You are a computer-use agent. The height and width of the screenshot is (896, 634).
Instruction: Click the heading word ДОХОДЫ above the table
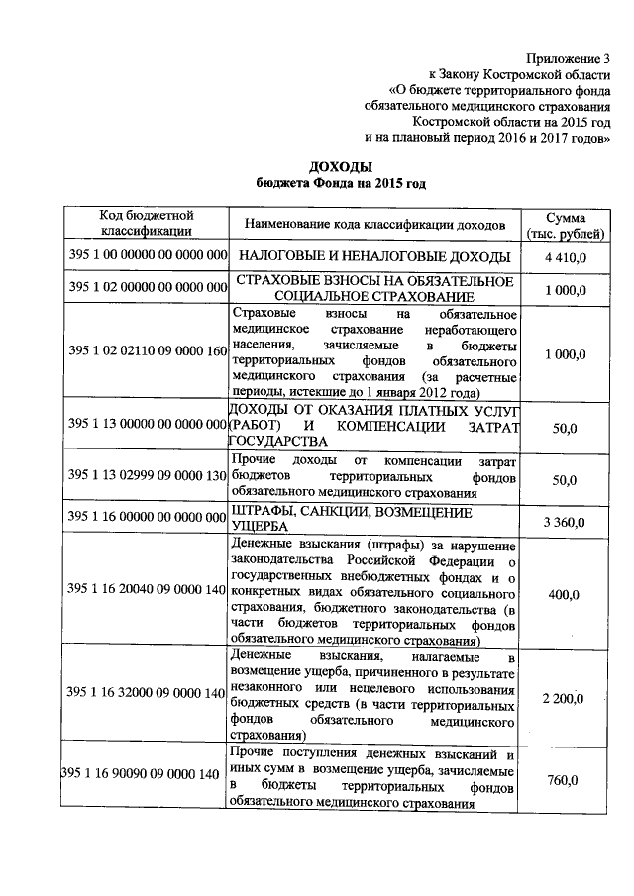click(x=340, y=165)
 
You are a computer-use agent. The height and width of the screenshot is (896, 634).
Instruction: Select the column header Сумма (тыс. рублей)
click(x=564, y=224)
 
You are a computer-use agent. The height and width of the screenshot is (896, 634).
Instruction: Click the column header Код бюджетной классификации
click(x=146, y=224)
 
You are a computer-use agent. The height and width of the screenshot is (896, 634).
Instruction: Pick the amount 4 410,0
click(x=565, y=257)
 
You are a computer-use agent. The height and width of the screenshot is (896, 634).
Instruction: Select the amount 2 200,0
click(x=564, y=699)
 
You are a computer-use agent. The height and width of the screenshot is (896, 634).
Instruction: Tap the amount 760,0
click(x=563, y=781)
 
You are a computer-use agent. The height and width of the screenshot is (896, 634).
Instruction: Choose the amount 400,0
click(x=563, y=594)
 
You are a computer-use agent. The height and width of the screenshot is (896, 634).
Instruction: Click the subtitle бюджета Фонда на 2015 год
click(x=340, y=183)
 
